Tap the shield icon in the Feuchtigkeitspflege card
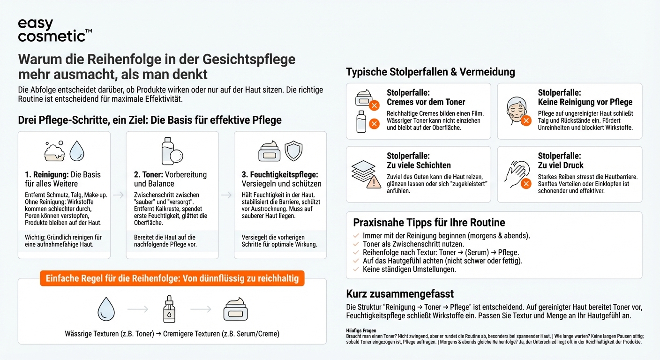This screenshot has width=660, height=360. tap(294, 151)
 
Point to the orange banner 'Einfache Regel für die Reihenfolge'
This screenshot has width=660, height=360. tap(172, 278)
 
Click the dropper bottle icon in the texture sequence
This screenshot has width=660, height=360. tap(169, 309)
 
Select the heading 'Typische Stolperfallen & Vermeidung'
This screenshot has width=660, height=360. tap(430, 72)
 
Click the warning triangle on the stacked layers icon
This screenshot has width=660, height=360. tap(374, 182)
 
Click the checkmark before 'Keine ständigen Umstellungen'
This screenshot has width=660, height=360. tap(356, 270)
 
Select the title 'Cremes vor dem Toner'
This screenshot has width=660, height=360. tap(426, 102)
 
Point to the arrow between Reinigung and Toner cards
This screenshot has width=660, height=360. tap(118, 195)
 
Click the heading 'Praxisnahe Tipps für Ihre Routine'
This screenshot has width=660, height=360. tap(429, 222)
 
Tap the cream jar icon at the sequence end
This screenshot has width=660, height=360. tap(235, 309)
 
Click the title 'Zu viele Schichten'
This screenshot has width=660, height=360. tap(419, 165)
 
